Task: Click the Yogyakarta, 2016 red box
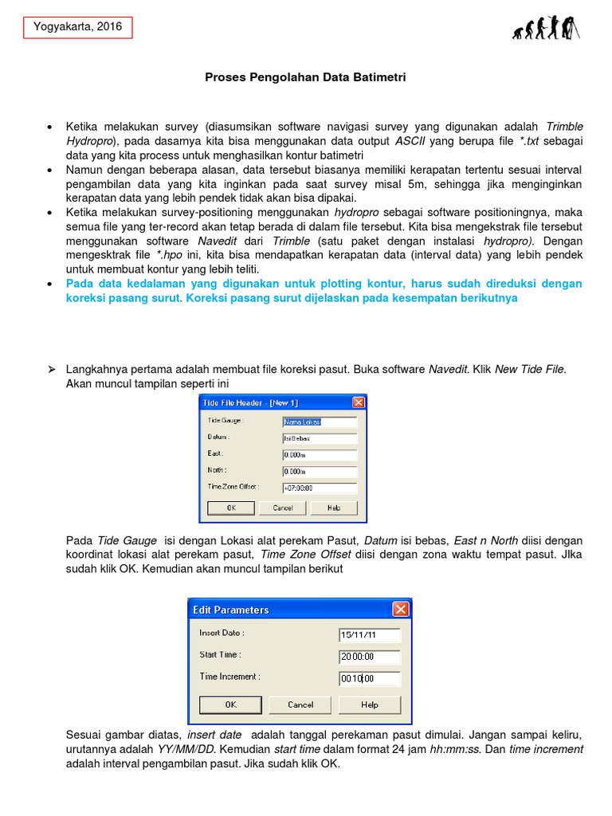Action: pos(77,27)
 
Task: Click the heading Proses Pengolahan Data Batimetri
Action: pos(306,77)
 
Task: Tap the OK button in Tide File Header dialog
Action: pos(231,508)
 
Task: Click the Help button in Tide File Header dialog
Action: pos(334,508)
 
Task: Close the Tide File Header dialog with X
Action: pos(358,403)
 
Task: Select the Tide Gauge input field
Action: pos(319,422)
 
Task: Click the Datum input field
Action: pos(319,438)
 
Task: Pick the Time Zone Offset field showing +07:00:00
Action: pos(319,488)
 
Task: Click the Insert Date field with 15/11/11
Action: pos(369,635)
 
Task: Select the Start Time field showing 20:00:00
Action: pos(369,657)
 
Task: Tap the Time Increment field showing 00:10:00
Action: pos(369,679)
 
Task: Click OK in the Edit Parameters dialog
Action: pos(231,704)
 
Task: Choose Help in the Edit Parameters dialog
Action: pos(370,704)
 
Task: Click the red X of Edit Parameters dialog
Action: pos(400,610)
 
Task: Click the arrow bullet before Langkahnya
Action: pos(50,370)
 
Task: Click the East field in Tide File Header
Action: pos(319,455)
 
